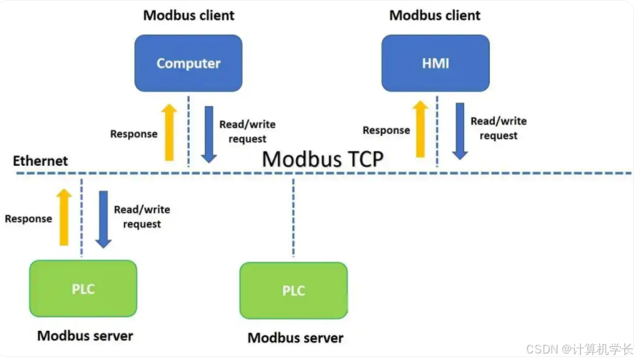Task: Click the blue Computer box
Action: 188,63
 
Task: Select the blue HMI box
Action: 435,63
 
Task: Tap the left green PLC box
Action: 83,289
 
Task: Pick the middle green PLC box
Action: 293,291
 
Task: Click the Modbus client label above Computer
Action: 188,15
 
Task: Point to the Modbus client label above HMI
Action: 435,15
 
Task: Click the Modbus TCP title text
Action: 322,159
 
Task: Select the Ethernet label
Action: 41,161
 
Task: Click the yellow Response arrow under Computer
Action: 169,132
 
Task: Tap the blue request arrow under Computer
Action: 209,134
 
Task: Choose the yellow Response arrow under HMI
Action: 420,129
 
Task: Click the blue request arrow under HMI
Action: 459,131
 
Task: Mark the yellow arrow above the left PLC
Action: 64,217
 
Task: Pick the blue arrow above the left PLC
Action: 103,219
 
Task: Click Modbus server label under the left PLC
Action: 85,335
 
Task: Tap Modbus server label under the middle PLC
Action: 295,337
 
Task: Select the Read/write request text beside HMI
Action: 498,129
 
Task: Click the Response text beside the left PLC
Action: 28,218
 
